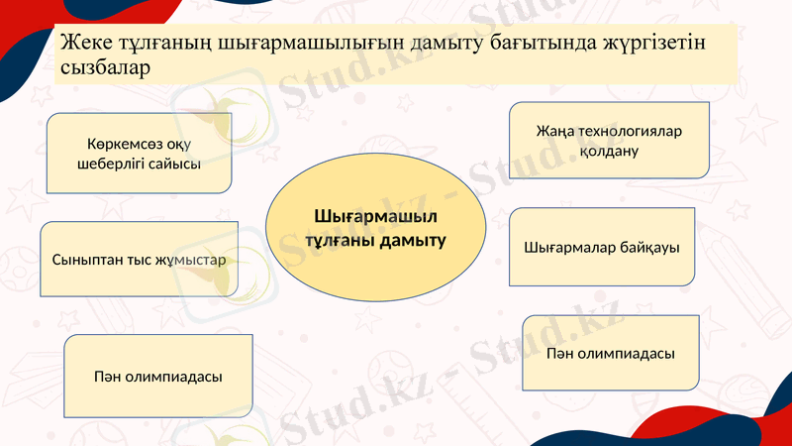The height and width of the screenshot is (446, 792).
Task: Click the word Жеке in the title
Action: (x=80, y=45)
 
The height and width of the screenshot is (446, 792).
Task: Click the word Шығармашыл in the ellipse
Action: (x=376, y=217)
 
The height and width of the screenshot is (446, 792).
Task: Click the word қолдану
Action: (x=609, y=152)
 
